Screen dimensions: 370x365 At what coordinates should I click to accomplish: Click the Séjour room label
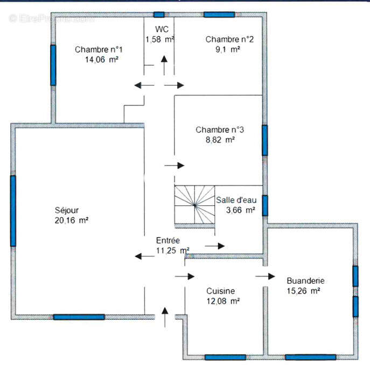point(67,210)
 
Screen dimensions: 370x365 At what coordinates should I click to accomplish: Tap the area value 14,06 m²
point(101,60)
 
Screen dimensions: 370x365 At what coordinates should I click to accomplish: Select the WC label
point(162,29)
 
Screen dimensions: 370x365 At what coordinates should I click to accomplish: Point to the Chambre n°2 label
point(229,39)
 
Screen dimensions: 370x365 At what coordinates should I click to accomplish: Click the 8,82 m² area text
point(220,140)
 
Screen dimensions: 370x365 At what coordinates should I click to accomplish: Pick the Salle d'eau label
point(236,200)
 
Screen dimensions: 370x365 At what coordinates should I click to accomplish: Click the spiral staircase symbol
point(194,205)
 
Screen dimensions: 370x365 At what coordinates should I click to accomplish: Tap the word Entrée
point(168,240)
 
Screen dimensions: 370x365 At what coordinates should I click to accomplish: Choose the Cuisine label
point(220,291)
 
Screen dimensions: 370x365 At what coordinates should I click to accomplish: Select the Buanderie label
point(305,281)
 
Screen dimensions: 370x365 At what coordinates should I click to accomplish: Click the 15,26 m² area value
point(303,291)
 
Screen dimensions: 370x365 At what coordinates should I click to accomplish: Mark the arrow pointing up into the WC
point(164,65)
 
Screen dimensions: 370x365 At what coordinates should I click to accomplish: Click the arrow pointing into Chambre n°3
point(174,166)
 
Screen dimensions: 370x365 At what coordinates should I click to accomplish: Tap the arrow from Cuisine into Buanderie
point(265,276)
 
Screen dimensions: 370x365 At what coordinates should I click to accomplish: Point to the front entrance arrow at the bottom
point(165,317)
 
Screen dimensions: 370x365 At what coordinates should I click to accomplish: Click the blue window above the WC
point(159,15)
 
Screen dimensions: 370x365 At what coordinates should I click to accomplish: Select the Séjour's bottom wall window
point(79,317)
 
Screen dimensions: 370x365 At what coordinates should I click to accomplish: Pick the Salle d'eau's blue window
point(265,205)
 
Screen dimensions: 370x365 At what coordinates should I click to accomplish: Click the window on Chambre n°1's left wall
point(53,65)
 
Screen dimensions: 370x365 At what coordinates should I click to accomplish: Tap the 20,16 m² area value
point(72,220)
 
